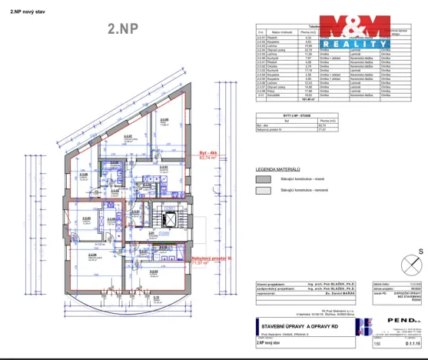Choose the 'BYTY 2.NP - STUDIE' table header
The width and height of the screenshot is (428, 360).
coord(285,115)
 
